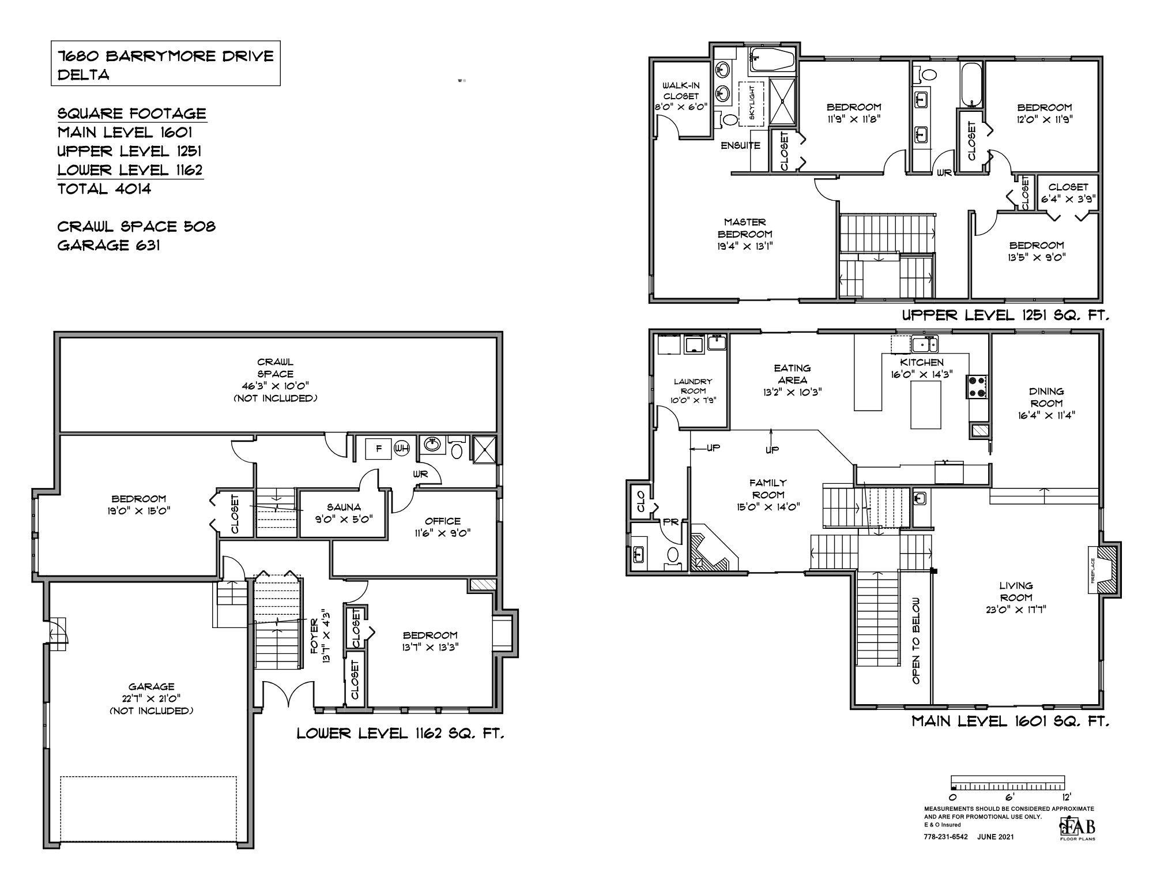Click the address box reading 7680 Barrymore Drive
pos(165,64)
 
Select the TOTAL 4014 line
pos(104,189)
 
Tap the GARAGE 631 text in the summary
pos(109,245)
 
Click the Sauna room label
pos(344,513)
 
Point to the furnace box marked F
pos(379,448)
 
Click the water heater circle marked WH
pos(401,448)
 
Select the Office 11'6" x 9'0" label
pos(443,527)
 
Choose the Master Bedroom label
pos(745,234)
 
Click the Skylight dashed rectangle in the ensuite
pos(751,103)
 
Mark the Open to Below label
pos(916,640)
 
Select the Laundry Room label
pos(693,390)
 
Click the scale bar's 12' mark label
pos(1067,797)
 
